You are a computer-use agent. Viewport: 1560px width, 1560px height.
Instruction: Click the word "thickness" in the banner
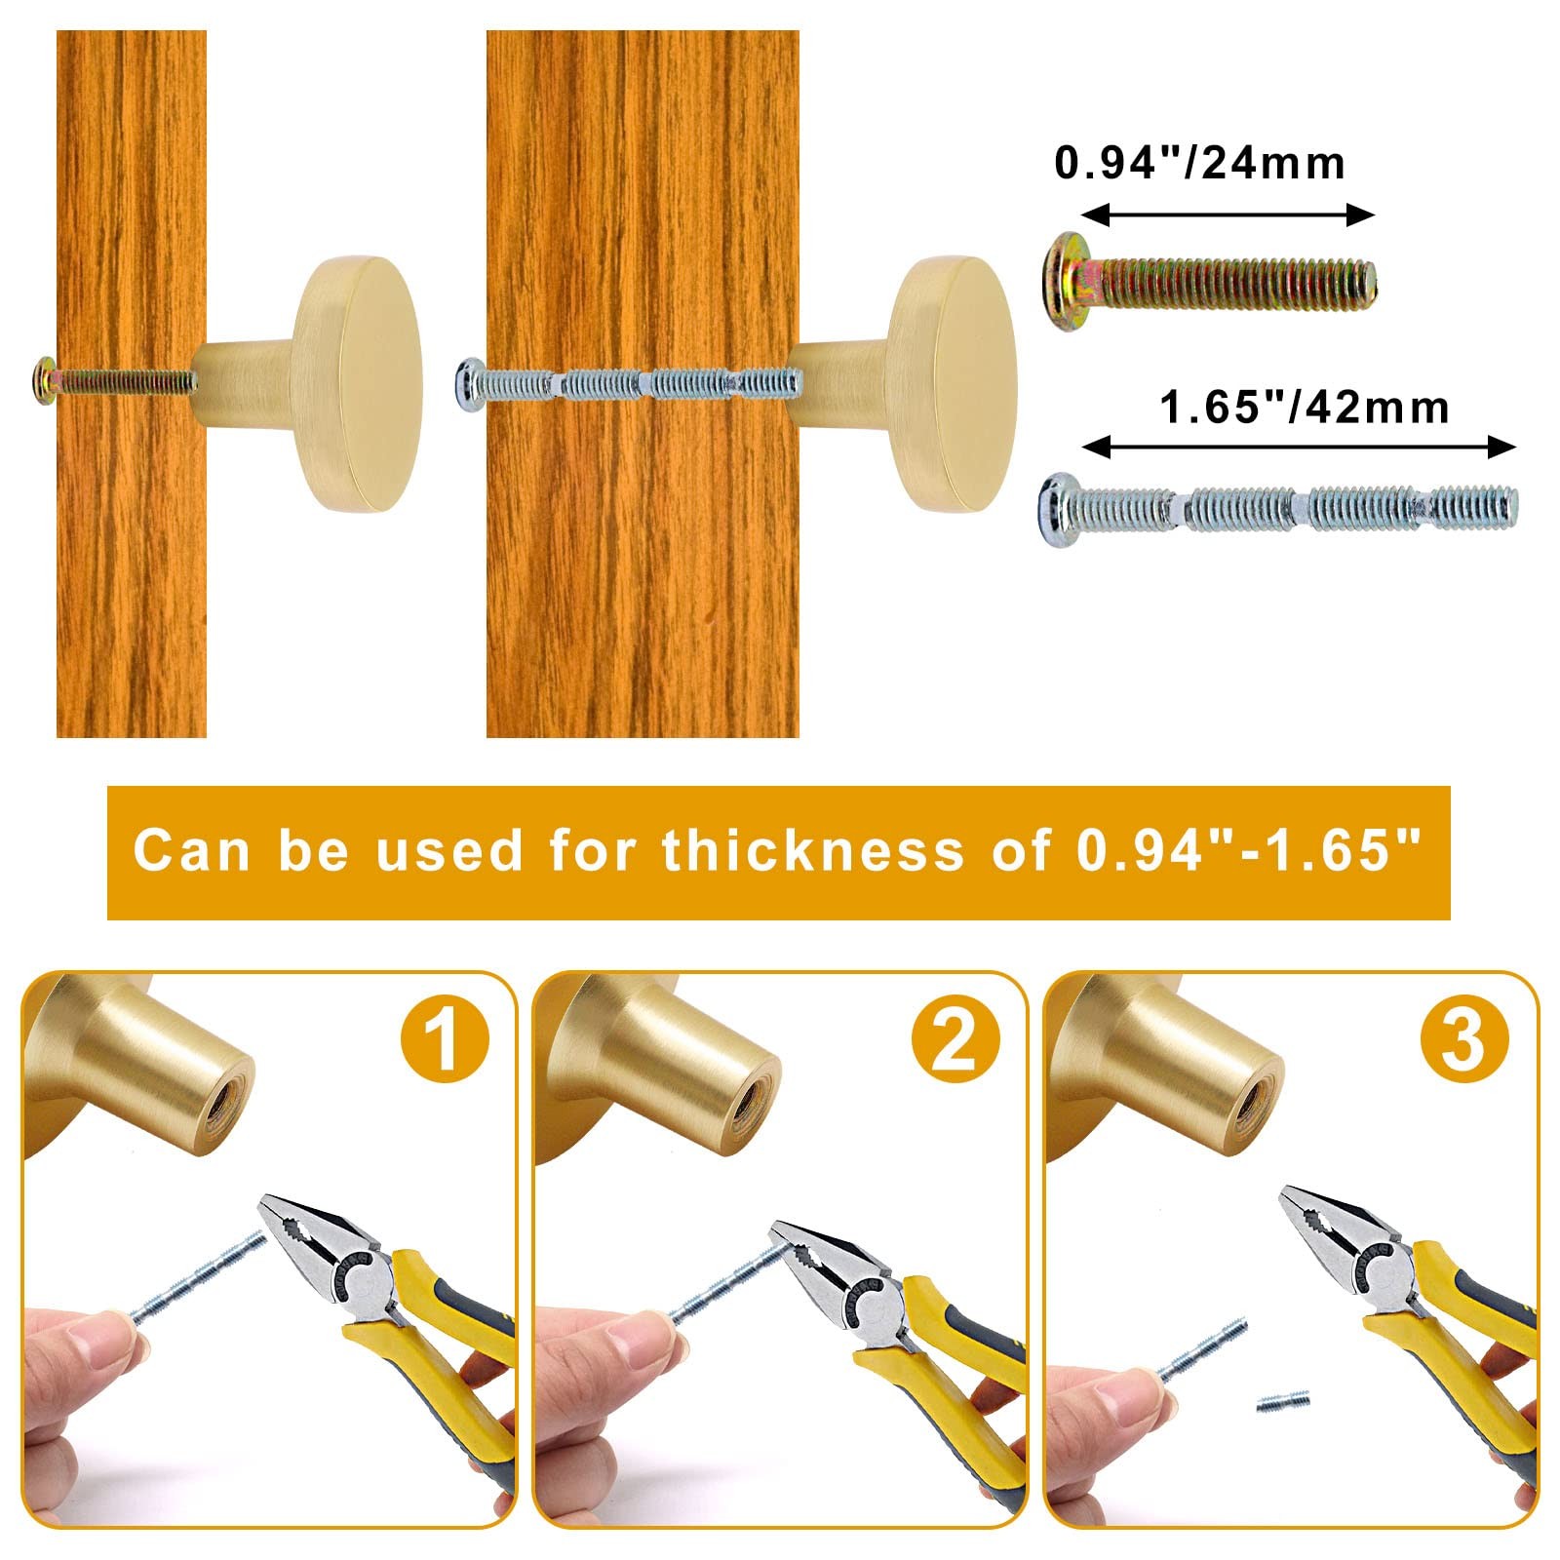[x=813, y=849]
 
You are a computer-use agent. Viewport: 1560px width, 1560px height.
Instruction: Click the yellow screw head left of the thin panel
[x=44, y=377]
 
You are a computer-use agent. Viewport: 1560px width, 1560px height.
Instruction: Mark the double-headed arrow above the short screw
[x=1228, y=215]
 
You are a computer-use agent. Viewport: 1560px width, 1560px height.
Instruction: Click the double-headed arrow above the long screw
[x=1300, y=448]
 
